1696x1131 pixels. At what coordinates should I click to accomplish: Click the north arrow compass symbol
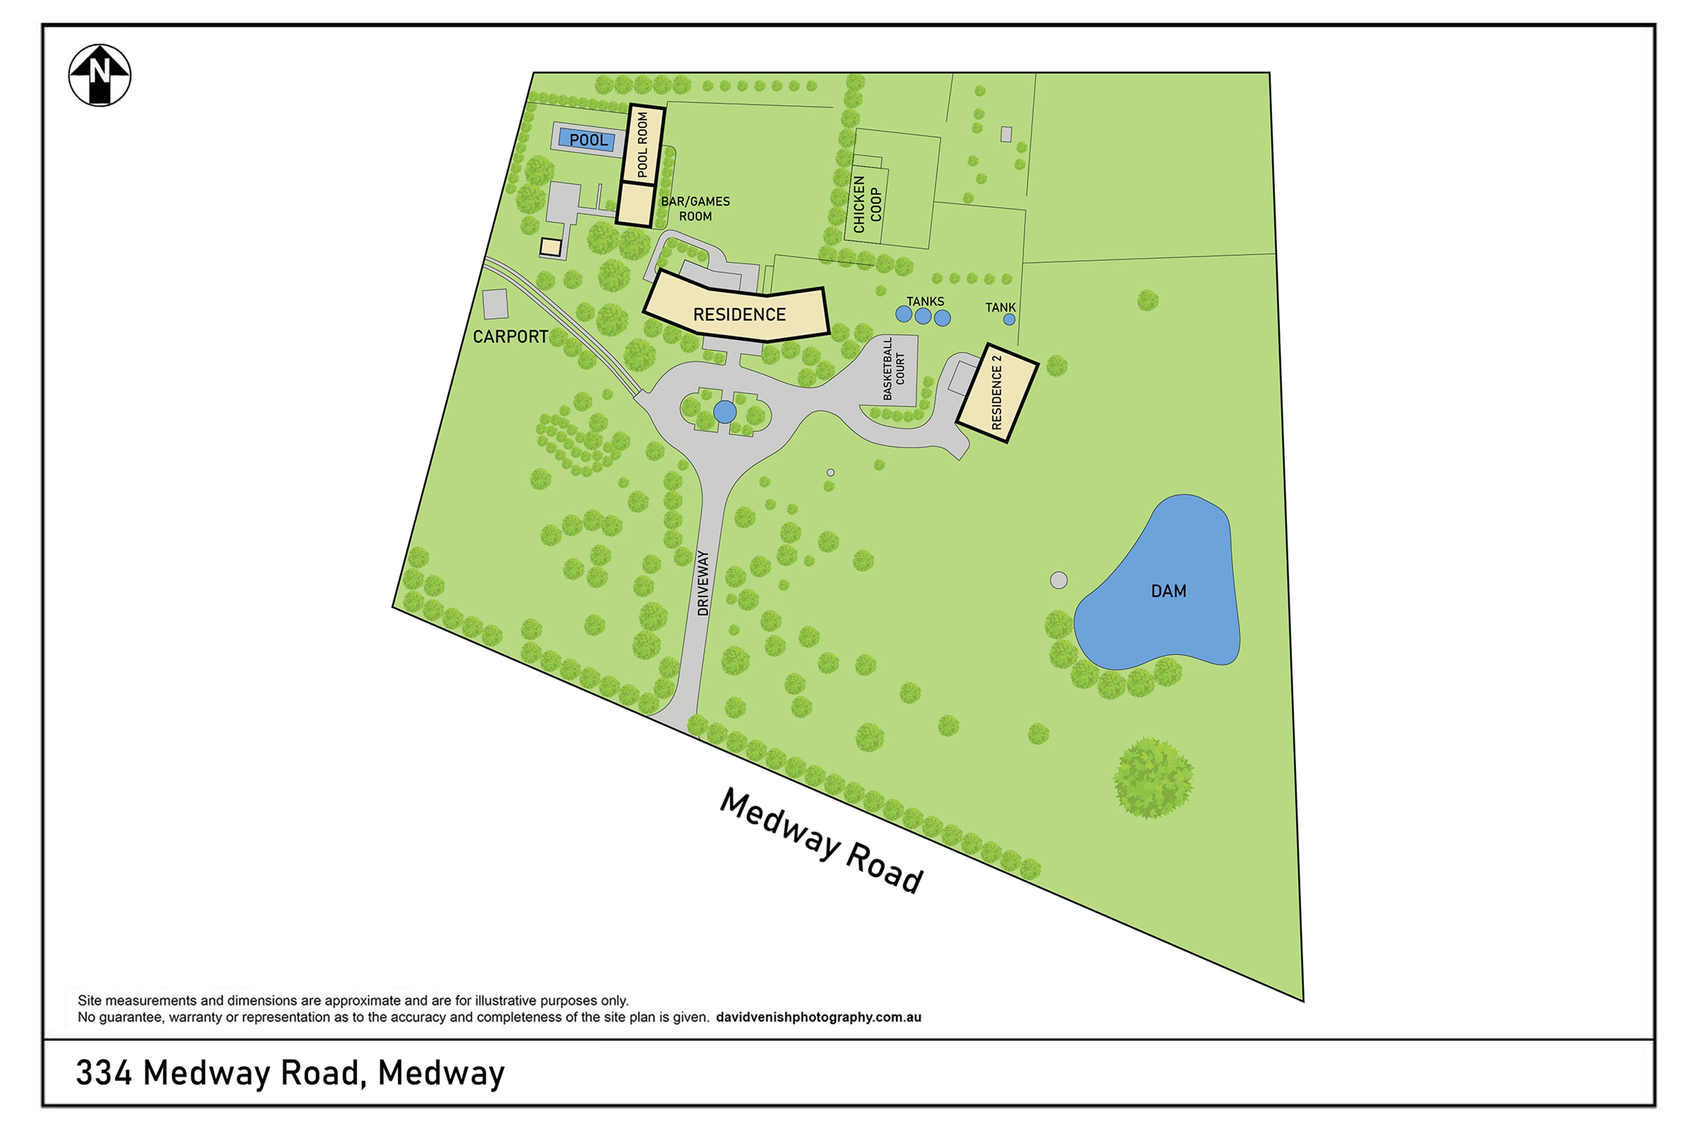(x=100, y=75)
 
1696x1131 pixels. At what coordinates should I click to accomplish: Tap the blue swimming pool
(x=587, y=139)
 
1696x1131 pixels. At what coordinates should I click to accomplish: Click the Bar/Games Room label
(x=695, y=209)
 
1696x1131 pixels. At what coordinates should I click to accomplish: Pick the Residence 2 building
(x=997, y=392)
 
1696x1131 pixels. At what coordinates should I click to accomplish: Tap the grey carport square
(x=495, y=304)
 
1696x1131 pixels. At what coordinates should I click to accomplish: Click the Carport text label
(x=510, y=337)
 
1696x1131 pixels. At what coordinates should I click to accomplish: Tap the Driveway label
(x=703, y=583)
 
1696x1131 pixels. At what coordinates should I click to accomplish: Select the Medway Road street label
(x=822, y=841)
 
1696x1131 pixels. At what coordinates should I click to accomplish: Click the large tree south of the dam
(x=1152, y=778)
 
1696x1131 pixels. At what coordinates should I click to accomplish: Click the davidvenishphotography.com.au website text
(x=818, y=1017)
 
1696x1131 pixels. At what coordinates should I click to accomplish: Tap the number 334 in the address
(x=104, y=1073)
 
